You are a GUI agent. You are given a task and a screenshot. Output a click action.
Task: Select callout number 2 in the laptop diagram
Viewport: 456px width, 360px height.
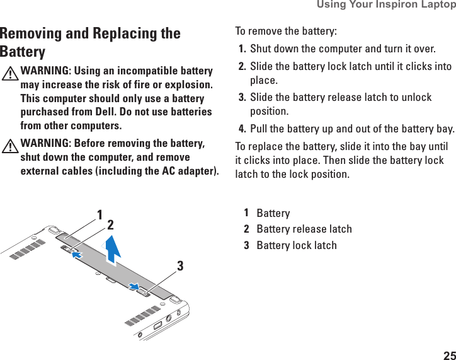[110, 224]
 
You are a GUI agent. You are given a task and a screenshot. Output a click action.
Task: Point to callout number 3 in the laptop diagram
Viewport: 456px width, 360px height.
[180, 266]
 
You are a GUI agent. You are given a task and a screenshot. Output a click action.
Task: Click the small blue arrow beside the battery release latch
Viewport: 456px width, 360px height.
[77, 254]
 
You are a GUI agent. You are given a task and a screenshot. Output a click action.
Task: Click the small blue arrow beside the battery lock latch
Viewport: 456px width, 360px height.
[133, 286]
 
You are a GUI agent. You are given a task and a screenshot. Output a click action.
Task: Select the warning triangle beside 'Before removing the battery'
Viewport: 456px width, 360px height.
[10, 146]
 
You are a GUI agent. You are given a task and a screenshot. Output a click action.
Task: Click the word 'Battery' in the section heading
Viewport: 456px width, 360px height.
[23, 52]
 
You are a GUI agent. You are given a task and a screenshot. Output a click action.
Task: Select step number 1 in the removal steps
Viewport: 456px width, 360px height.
[242, 49]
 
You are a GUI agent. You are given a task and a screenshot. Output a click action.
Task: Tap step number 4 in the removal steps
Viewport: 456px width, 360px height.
[242, 130]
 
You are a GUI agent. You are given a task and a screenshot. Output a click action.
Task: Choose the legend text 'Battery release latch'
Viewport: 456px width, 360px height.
[304, 229]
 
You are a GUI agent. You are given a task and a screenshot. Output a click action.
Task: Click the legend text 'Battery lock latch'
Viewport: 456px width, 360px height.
[297, 245]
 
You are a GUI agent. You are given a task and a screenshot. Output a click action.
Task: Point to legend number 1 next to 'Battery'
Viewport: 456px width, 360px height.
[246, 212]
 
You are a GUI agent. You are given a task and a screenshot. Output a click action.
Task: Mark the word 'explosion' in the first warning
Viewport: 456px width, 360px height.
[188, 84]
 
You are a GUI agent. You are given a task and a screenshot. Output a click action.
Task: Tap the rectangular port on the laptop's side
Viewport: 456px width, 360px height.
[157, 325]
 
